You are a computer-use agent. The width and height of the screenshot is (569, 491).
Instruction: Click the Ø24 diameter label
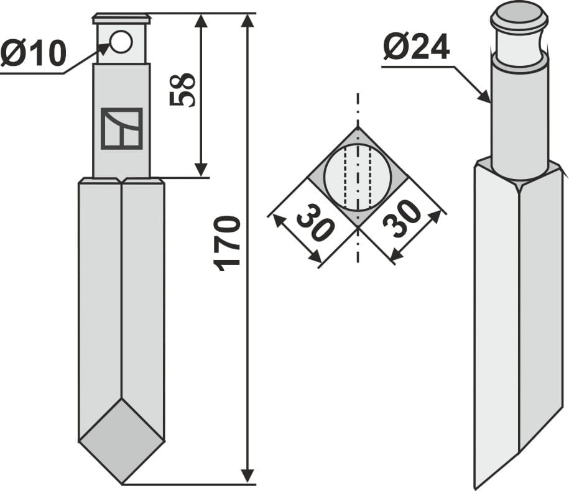point(416,47)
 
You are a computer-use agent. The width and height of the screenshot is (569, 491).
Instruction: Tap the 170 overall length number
point(228,242)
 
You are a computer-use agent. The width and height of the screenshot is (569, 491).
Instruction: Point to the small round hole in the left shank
point(121,42)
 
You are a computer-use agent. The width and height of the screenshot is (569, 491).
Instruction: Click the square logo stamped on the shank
point(122,129)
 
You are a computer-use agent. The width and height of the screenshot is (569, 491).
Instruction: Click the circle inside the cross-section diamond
point(358,178)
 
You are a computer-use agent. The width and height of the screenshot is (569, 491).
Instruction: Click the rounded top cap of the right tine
point(519,17)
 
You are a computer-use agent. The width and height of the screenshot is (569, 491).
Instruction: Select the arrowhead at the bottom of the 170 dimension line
point(247,475)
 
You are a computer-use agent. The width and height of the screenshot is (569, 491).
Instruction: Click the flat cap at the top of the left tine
point(121,18)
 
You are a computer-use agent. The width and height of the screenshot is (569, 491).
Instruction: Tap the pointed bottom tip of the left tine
point(122,481)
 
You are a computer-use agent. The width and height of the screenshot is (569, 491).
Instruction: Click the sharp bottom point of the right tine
point(476,487)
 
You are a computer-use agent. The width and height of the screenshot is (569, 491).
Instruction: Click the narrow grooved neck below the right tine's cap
point(519,45)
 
